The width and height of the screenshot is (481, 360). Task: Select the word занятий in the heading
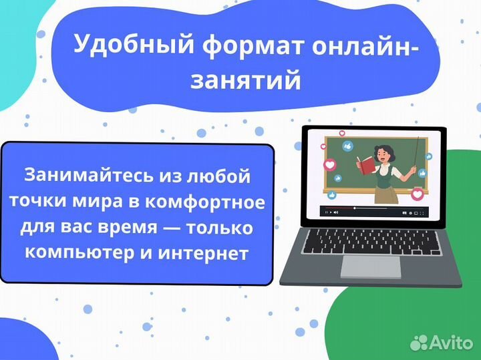(x=245, y=81)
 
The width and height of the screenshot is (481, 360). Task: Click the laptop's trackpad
(x=371, y=266)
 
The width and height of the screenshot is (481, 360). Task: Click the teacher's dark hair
(x=382, y=148)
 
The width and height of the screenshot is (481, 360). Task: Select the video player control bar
(x=373, y=212)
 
